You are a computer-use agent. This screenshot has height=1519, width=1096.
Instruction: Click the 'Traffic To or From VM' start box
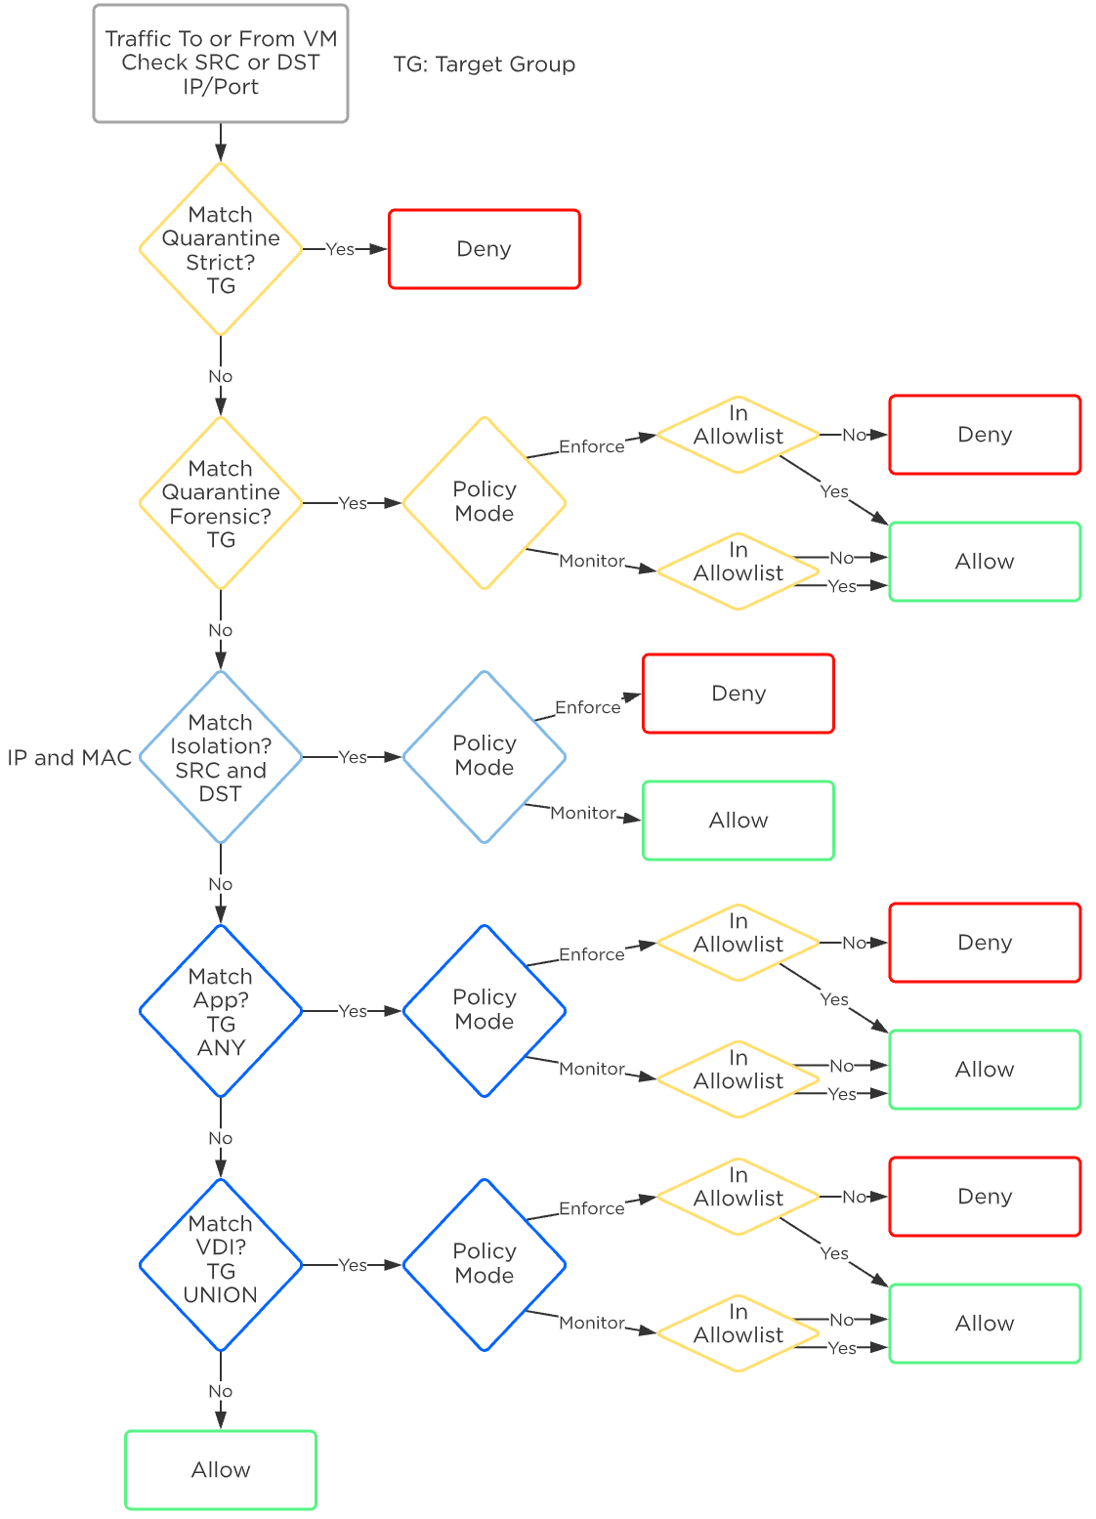[221, 63]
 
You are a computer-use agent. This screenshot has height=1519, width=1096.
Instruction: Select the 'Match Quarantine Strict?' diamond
[221, 249]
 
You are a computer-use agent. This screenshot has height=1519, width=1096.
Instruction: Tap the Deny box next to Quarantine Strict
[485, 249]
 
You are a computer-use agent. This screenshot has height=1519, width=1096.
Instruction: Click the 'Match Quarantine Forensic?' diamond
[221, 503]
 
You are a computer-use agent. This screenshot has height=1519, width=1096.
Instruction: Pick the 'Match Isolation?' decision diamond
[221, 757]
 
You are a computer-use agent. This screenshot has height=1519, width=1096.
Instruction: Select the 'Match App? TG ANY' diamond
[221, 1011]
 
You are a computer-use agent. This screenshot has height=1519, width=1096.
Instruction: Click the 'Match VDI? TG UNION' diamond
[221, 1265]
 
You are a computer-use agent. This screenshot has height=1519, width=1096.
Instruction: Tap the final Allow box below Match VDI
[221, 1469]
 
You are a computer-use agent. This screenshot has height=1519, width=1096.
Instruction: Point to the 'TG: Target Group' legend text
[485, 64]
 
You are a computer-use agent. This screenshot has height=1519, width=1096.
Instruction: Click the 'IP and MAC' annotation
[69, 758]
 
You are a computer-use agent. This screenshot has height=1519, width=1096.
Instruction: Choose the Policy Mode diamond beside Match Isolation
[485, 757]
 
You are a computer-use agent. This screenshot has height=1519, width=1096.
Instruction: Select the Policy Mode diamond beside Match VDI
[485, 1265]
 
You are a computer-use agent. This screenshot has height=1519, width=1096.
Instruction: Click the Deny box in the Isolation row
[738, 694]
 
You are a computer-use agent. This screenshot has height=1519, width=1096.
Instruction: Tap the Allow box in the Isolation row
[738, 821]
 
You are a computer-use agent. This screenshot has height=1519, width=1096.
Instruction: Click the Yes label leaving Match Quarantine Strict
[340, 249]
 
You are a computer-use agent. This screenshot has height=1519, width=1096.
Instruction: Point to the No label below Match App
[221, 1138]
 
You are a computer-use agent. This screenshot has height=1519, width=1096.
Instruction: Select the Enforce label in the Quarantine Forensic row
[591, 446]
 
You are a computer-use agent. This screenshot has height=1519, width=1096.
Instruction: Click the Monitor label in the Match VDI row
[591, 1323]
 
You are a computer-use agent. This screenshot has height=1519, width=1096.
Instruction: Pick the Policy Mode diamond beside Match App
[485, 1011]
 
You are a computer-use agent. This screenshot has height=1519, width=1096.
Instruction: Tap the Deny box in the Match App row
[985, 943]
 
